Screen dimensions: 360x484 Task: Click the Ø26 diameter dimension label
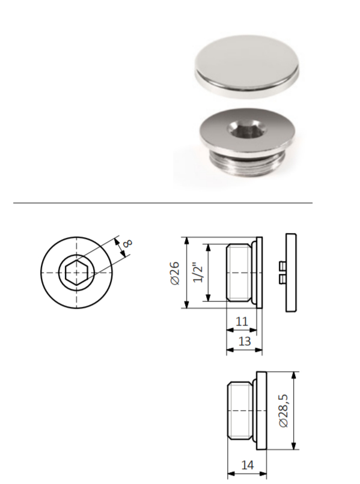tap(175, 273)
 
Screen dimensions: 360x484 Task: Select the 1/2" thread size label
tap(198, 273)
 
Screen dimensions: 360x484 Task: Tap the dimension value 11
tap(242, 322)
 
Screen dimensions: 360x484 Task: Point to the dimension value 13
tap(244, 342)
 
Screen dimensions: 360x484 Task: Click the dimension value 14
tap(247, 465)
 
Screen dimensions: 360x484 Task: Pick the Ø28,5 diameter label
tap(283, 411)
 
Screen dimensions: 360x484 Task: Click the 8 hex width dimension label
tap(127, 243)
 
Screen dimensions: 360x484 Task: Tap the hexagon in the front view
tap(77, 273)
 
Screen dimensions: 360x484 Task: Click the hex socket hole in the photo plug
tap(246, 130)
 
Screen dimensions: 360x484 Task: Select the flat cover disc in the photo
tap(247, 67)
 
